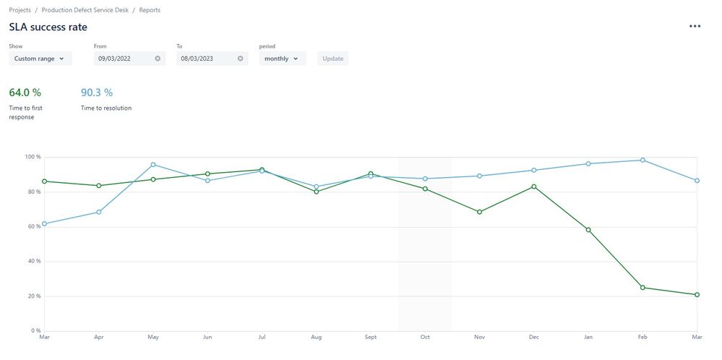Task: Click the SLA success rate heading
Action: [x=48, y=27]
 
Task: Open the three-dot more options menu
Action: [x=695, y=27]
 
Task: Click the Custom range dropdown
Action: [x=40, y=59]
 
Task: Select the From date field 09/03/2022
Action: [x=123, y=59]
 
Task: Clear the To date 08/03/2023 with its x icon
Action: [x=241, y=59]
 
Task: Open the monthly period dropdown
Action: [x=282, y=59]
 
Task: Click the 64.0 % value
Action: [x=25, y=93]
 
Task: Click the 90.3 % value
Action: [x=97, y=93]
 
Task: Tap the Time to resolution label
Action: [x=106, y=108]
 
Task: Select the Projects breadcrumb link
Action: [x=20, y=10]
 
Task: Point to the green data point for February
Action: [x=643, y=288]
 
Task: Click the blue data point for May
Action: [x=153, y=165]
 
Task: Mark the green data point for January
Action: [x=588, y=230]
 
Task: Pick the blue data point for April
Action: [x=99, y=212]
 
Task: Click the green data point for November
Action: [x=479, y=212]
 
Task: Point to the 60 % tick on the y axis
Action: [x=33, y=227]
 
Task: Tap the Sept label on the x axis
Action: [x=370, y=337]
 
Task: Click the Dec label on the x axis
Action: [x=533, y=337]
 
